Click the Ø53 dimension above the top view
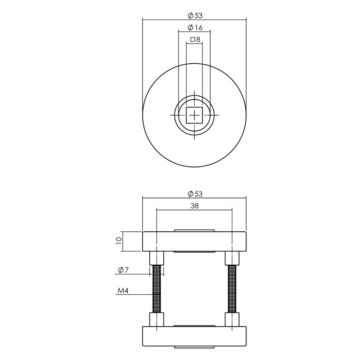coord(195,15)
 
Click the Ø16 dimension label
coord(195,27)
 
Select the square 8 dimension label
coord(195,40)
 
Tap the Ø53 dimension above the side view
coord(195,194)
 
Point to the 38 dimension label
coord(194,206)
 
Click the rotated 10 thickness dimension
coord(118,241)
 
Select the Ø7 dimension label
coord(122,270)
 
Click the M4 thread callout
coord(122,291)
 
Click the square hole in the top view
coord(194,115)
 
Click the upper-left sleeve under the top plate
coord(156,258)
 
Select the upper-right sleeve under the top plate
coord(232,258)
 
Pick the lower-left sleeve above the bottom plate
coord(156,319)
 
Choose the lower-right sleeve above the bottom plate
coord(232,319)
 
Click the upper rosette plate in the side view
coord(194,242)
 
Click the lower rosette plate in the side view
coord(194,336)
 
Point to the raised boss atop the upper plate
coord(194,231)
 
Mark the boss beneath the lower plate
coord(194,347)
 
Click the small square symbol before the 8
coord(192,40)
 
